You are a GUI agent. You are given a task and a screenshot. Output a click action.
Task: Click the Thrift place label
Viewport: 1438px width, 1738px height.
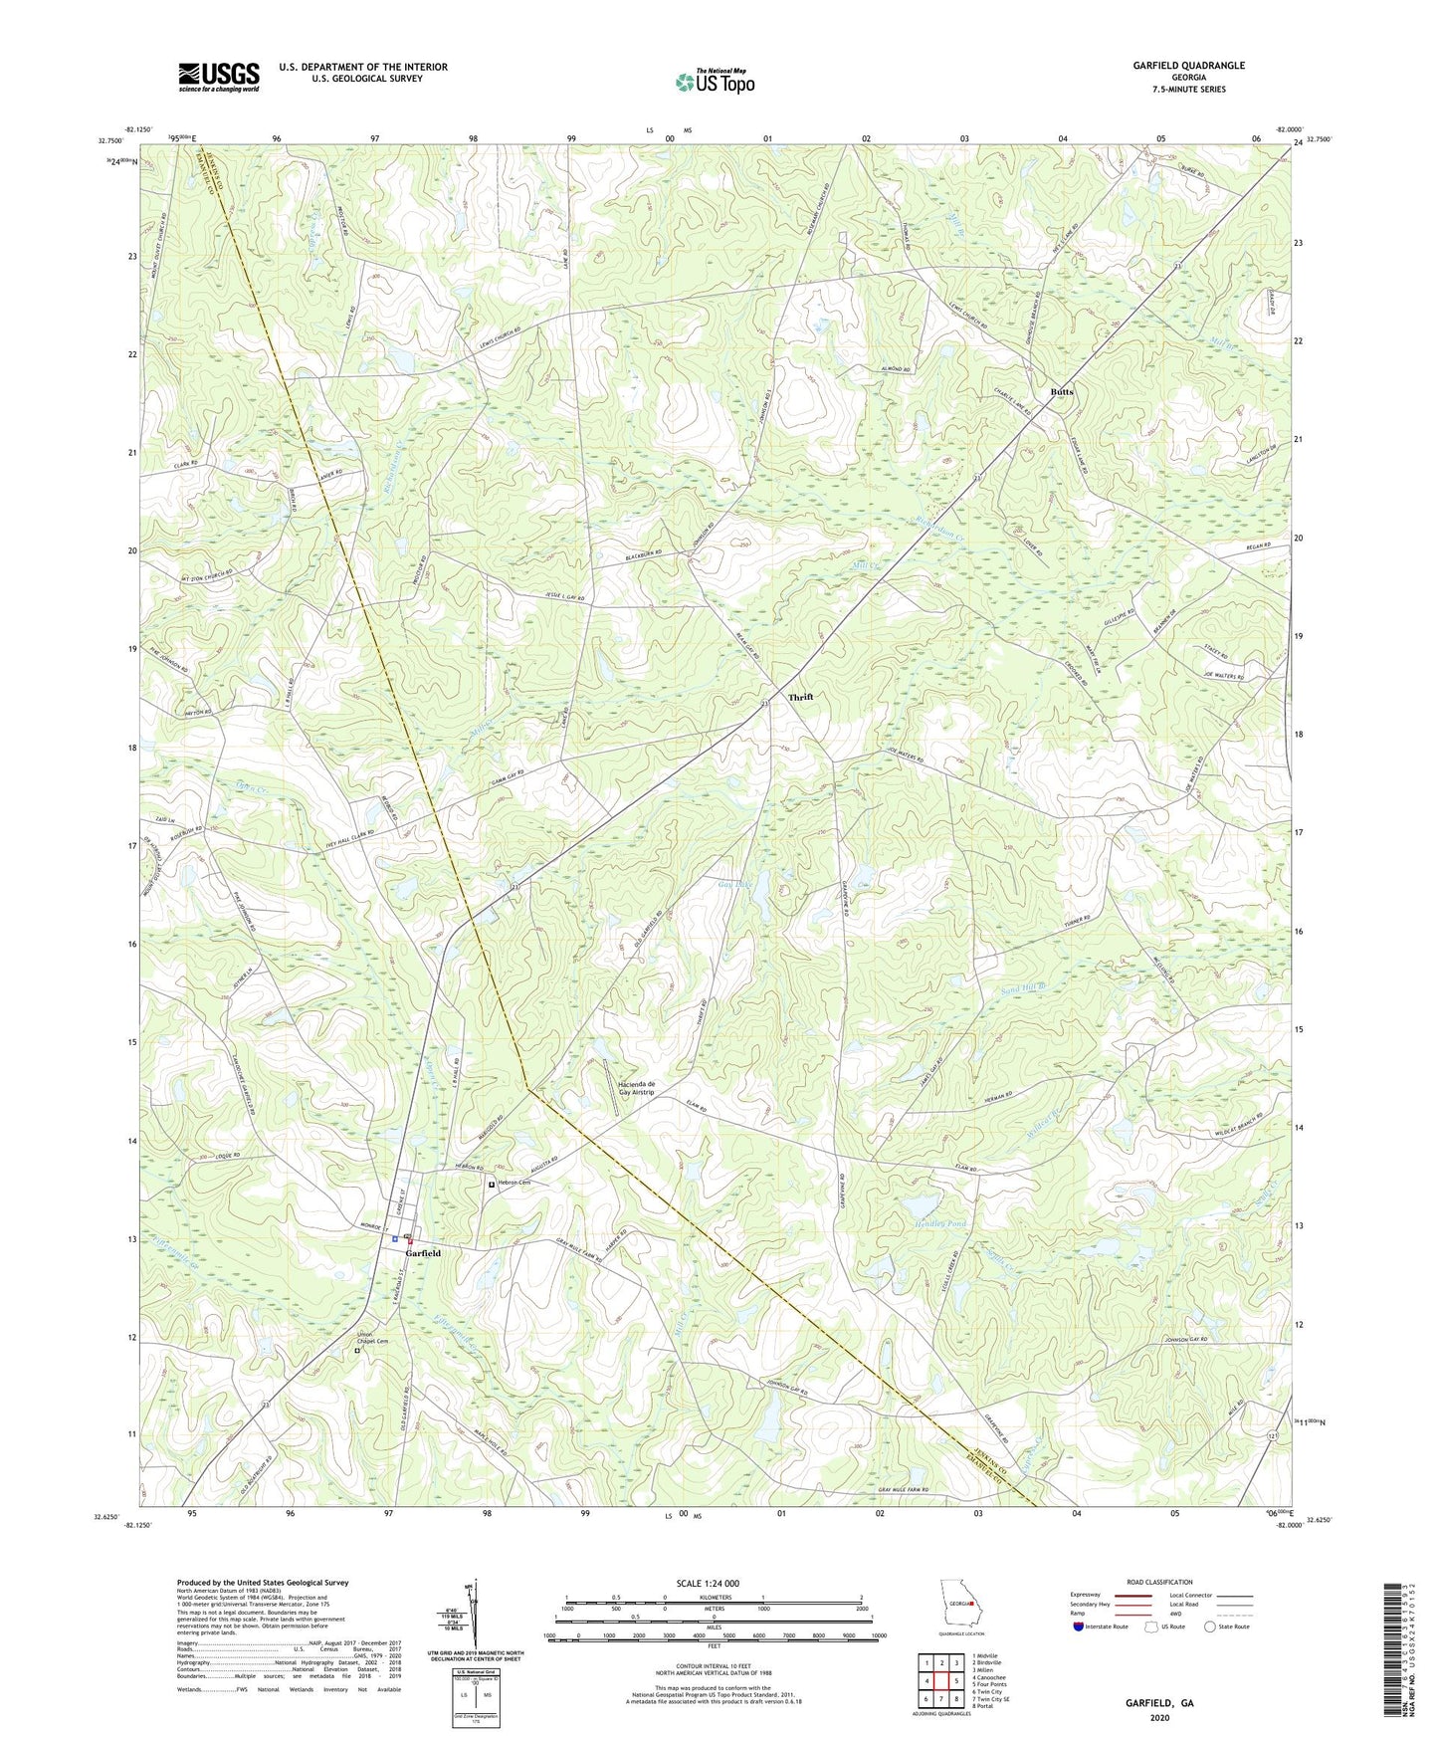pos(800,697)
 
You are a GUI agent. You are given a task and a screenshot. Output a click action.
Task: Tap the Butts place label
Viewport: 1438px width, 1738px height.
pos(1062,392)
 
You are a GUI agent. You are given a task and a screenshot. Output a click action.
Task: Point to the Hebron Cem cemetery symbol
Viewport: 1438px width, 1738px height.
pos(492,1184)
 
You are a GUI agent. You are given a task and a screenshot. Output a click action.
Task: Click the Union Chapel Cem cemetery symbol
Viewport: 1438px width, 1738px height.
pos(359,1351)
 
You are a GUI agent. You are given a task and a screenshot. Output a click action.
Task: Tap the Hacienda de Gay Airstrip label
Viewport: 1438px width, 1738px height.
pos(637,1088)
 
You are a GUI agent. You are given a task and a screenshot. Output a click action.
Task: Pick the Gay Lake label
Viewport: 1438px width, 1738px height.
pos(736,883)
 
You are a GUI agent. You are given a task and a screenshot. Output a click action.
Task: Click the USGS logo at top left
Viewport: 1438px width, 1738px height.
pos(219,77)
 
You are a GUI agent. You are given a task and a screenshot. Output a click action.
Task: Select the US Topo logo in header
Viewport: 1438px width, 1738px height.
pos(714,82)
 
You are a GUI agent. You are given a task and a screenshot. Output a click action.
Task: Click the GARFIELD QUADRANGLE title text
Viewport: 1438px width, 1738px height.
pos(1188,66)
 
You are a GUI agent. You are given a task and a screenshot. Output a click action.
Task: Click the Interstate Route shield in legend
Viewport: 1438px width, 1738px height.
pos(1079,1627)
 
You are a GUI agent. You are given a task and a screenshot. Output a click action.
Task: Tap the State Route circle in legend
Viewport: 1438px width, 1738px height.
pos(1210,1627)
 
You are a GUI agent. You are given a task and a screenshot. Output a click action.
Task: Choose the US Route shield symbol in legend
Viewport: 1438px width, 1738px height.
pos(1151,1627)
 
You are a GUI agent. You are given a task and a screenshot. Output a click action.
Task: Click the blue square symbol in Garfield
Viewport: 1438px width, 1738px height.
pos(395,1239)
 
